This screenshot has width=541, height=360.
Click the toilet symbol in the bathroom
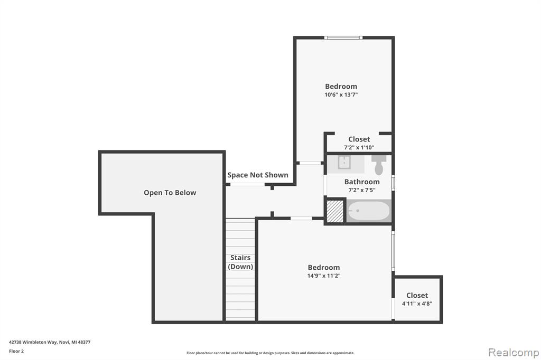coord(379,164)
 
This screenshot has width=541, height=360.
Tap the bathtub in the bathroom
coord(369,211)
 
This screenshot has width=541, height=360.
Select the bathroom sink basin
coord(344,163)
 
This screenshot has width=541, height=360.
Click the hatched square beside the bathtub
coord(334,211)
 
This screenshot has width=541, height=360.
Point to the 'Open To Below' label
coord(170,193)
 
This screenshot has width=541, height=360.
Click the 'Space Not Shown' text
coord(258,175)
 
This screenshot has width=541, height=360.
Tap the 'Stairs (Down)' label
coord(240,262)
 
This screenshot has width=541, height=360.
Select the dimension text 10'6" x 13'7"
coord(341,94)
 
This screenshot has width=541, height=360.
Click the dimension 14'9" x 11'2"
coord(324,276)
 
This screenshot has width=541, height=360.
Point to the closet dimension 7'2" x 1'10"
coord(359,147)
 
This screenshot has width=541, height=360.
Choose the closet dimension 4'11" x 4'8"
coord(417,304)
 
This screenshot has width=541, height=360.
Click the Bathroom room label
coord(361,182)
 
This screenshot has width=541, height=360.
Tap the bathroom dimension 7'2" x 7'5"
coord(361,190)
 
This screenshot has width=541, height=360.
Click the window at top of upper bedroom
coord(343,37)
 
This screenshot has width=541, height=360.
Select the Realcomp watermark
coord(514,353)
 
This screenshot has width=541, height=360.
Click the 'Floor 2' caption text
coord(16,351)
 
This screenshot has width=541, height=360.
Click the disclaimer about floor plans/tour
coord(270,353)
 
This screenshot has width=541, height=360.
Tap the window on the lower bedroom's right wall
coord(393,251)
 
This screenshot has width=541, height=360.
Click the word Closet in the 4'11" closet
coord(417,295)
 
